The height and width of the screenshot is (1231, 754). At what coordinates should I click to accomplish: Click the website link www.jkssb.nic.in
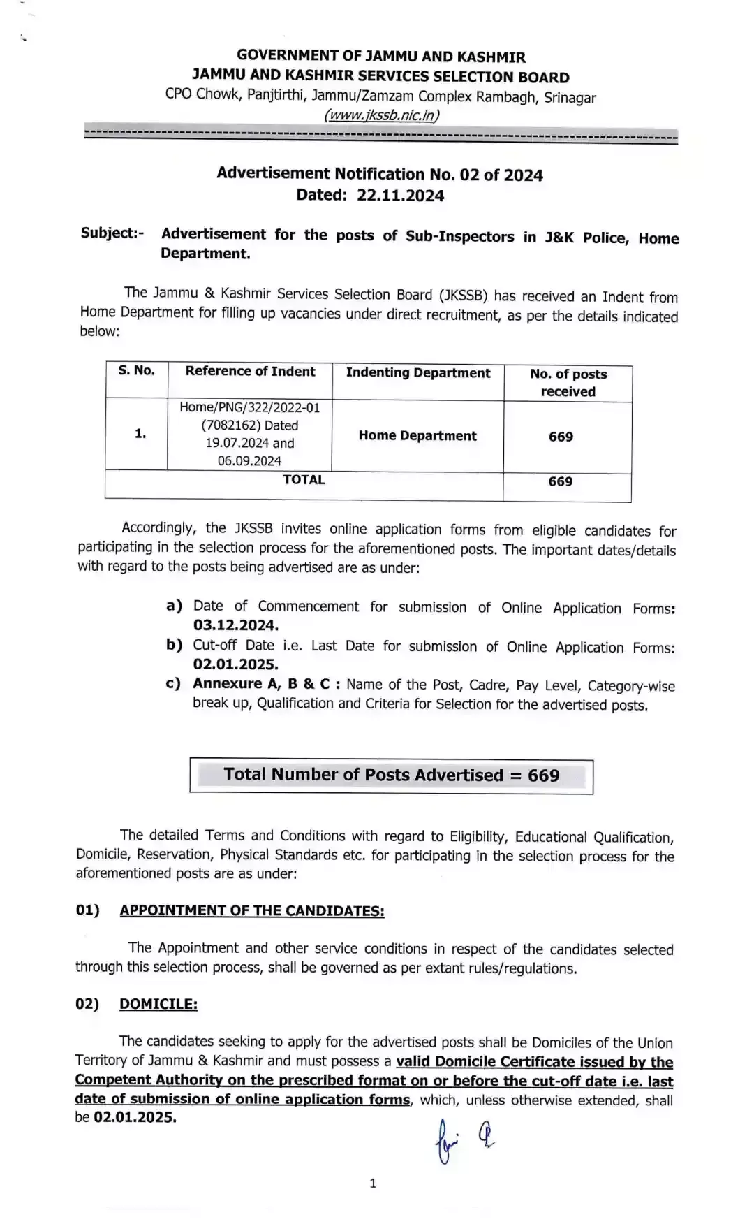pyautogui.click(x=381, y=115)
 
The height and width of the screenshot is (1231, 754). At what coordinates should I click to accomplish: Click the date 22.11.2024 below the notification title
pyautogui.click(x=400, y=196)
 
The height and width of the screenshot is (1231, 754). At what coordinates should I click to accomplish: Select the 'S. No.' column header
pyautogui.click(x=137, y=371)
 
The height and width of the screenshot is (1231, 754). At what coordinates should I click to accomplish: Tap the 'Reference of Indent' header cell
pyautogui.click(x=250, y=372)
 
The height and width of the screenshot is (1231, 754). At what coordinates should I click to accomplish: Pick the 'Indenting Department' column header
pyautogui.click(x=418, y=373)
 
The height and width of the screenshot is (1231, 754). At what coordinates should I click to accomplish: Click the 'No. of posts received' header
pyautogui.click(x=568, y=383)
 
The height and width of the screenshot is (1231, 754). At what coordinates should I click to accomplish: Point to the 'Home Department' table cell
pyautogui.click(x=417, y=436)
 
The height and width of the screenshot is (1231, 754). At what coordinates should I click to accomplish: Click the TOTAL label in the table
pyautogui.click(x=304, y=480)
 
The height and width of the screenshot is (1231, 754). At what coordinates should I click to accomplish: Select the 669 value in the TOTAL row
pyautogui.click(x=561, y=482)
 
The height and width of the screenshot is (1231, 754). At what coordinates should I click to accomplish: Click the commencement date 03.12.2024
pyautogui.click(x=236, y=625)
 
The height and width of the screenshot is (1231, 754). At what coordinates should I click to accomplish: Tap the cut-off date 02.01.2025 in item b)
pyautogui.click(x=236, y=664)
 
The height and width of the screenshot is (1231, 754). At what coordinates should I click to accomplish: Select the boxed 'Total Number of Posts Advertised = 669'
pyautogui.click(x=392, y=775)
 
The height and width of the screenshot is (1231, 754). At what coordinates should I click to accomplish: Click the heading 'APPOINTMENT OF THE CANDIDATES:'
pyautogui.click(x=252, y=911)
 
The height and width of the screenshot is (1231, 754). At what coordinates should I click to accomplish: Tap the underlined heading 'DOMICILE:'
pyautogui.click(x=158, y=1005)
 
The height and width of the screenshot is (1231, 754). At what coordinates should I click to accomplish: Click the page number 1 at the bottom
pyautogui.click(x=373, y=1183)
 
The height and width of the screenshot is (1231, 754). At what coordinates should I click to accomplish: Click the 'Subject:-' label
pyautogui.click(x=112, y=233)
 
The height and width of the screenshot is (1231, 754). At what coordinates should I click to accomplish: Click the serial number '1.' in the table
pyautogui.click(x=140, y=434)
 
